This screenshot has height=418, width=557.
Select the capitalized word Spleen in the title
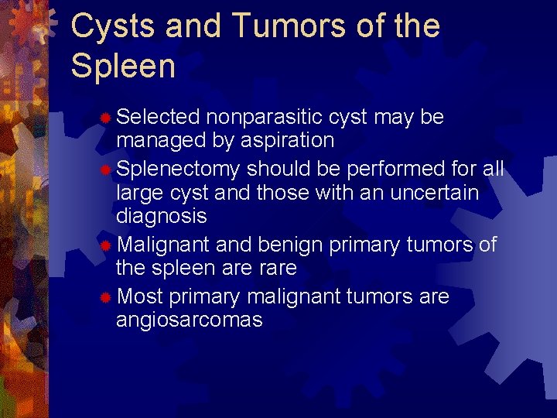(123, 66)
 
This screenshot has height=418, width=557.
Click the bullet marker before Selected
(107, 118)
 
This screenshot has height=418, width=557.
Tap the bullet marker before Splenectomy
(107, 169)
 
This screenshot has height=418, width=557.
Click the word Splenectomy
(179, 169)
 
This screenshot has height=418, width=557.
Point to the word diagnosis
(162, 217)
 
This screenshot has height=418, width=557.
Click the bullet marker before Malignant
(107, 245)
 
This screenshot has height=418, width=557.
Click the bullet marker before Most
(107, 297)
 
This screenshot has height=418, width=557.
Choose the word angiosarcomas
(190, 320)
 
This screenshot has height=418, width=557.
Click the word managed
(159, 141)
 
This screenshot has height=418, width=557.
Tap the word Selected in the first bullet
(159, 117)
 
